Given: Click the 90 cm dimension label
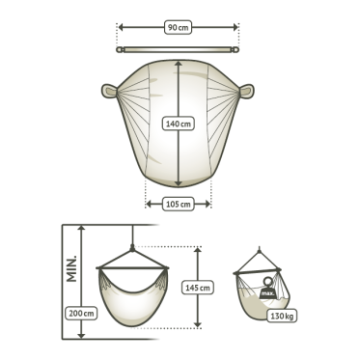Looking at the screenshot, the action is pos(179,27).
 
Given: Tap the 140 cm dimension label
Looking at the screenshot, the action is pos(179,124).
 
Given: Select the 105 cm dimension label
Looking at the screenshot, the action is pos(179,204).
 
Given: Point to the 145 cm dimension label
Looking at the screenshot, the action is pos(198,288).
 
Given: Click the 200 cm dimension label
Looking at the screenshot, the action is pos(81,313).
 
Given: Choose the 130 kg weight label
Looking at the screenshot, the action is pos(282,316).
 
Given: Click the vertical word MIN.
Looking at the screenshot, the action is pos(71,268).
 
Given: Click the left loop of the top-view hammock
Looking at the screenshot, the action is pos(110,91).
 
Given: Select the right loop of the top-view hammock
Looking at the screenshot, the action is pos(246,91).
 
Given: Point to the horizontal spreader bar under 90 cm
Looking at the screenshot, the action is pos(178,50).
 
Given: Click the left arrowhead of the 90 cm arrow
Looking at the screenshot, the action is pos(121,27).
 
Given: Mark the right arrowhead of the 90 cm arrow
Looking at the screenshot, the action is pos(235,27).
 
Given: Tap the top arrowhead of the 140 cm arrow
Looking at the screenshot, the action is pos(179,64).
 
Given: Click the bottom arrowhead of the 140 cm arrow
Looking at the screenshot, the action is pos(179,183).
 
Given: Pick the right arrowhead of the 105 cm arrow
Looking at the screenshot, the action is pos(208,204).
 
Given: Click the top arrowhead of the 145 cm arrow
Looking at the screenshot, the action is pos(198,250).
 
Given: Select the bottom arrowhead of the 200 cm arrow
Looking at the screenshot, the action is pos(81,335).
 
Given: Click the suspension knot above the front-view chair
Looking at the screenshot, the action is pos(132,248).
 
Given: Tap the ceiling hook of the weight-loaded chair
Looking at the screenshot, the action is pos(260,249).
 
